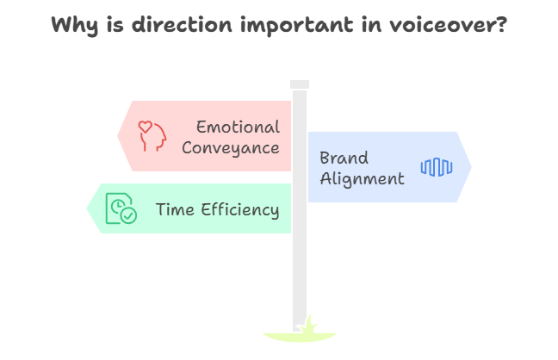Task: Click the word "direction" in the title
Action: click(x=182, y=25)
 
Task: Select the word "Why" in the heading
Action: click(x=74, y=26)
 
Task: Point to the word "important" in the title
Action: click(x=297, y=26)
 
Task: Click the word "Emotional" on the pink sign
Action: click(x=238, y=127)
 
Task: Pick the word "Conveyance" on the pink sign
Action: click(x=230, y=148)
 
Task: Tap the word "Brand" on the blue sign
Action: click(x=344, y=158)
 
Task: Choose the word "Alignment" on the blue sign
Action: click(x=362, y=179)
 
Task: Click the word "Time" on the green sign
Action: click(x=175, y=209)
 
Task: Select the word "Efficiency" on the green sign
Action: click(x=240, y=210)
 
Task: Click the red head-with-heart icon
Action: click(x=152, y=136)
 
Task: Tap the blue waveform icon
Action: click(x=437, y=167)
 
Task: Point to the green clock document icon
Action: click(x=121, y=208)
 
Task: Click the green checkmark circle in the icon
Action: click(x=128, y=215)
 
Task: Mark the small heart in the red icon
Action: click(x=146, y=127)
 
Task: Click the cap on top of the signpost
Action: click(x=300, y=84)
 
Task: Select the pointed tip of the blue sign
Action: click(x=471, y=167)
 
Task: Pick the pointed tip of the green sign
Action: click(x=87, y=208)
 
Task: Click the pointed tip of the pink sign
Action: click(x=118, y=136)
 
